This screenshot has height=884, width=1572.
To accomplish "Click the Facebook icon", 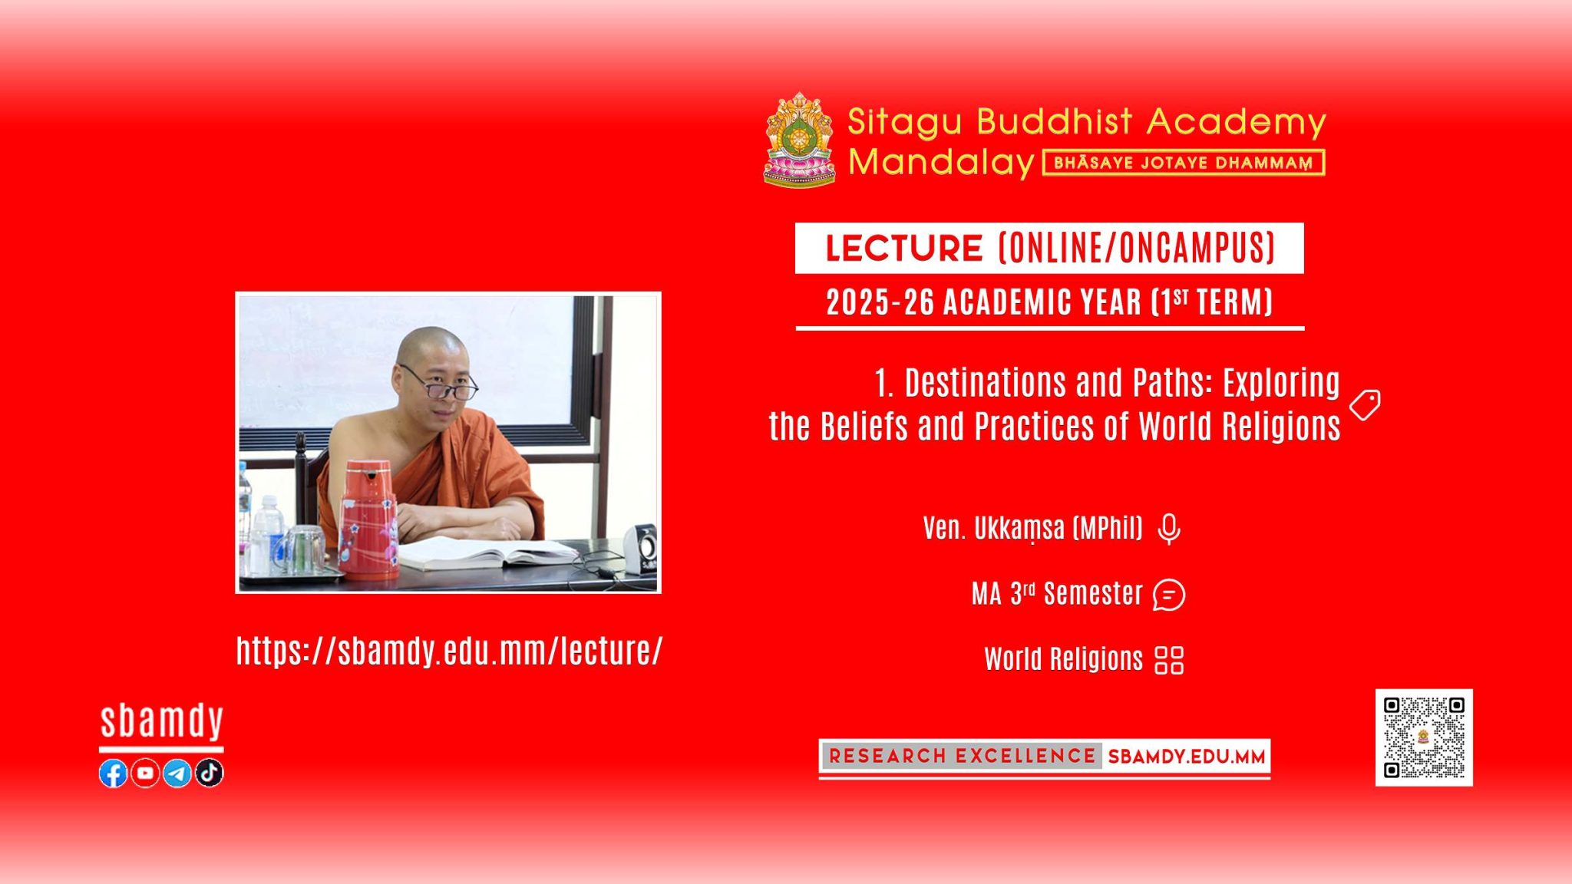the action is click(x=113, y=773).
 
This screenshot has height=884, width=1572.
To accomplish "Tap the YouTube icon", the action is click(x=145, y=773).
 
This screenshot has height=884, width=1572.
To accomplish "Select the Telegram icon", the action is click(x=177, y=773).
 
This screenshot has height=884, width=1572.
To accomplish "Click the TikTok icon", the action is click(x=210, y=773).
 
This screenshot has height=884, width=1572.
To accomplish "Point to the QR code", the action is click(x=1424, y=737).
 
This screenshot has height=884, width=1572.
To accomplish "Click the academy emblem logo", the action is click(x=799, y=140).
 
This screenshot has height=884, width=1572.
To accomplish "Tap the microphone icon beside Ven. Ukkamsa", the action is click(x=1169, y=529).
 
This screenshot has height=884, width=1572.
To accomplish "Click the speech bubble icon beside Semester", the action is click(x=1169, y=595).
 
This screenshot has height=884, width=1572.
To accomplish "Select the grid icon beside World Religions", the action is click(x=1169, y=660).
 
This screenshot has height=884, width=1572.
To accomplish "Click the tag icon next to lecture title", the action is click(x=1365, y=404).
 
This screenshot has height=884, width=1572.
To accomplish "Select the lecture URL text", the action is click(x=449, y=651).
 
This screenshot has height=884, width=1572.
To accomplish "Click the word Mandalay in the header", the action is click(x=942, y=163).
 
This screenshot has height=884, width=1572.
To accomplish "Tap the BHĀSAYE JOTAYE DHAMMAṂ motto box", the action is click(x=1184, y=163).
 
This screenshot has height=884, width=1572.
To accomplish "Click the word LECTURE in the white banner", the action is click(x=904, y=248).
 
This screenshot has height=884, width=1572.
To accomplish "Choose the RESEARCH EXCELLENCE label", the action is click(x=962, y=756).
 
